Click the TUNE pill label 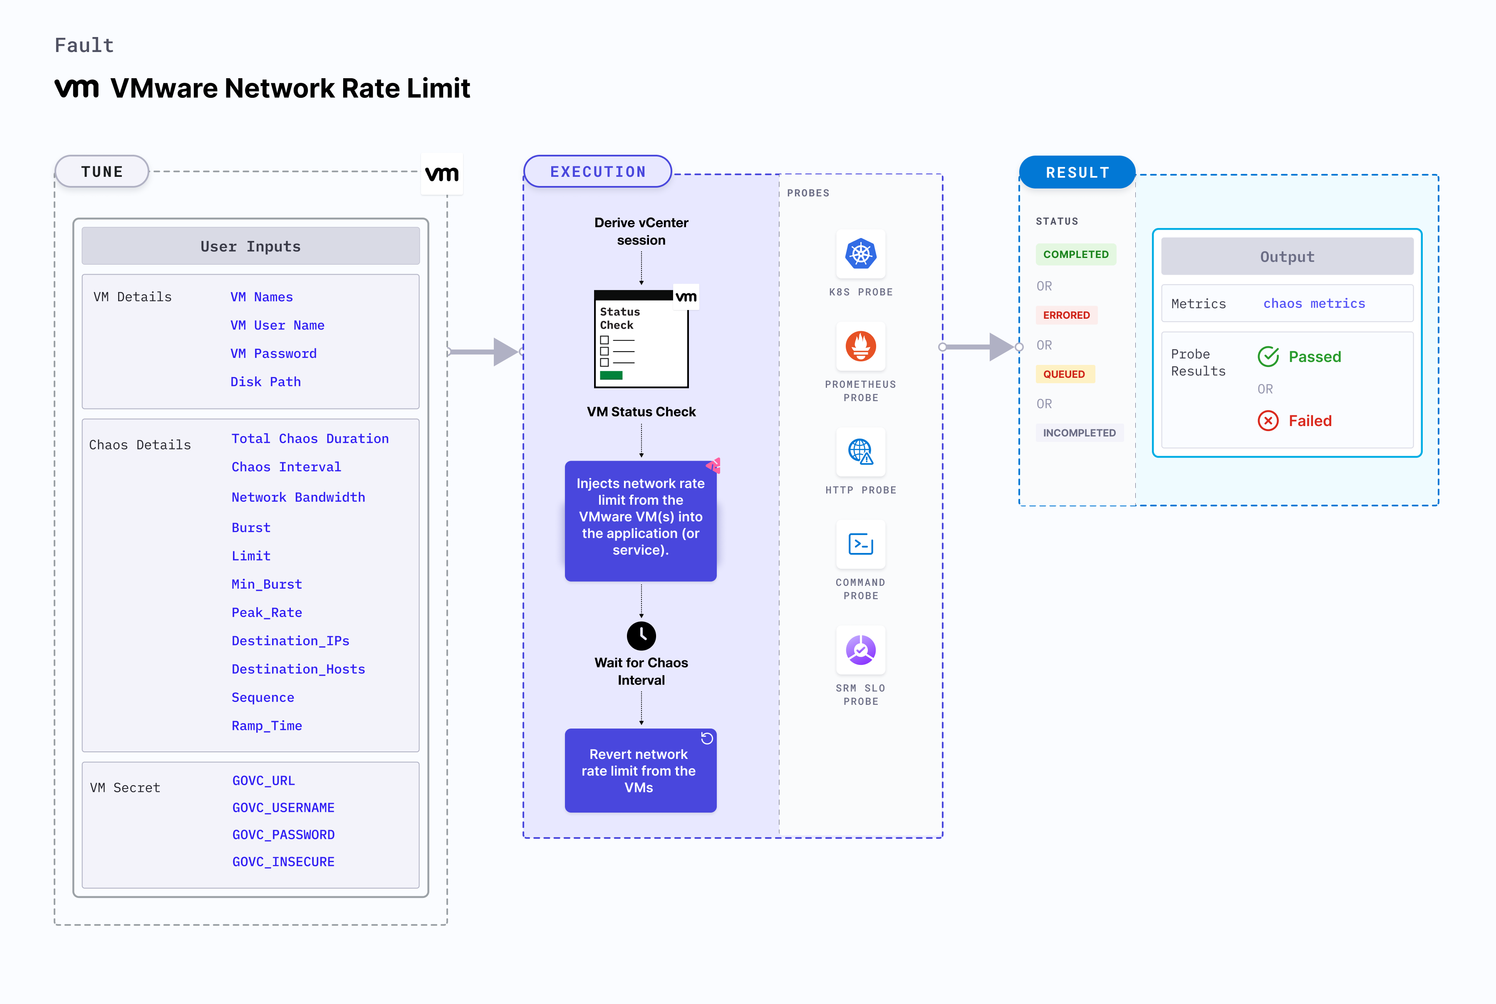pos(102,171)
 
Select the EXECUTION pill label pos(597,171)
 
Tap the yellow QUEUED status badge pos(1064,374)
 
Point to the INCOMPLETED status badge pos(1079,433)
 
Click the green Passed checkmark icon pos(1268,357)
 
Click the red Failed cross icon pos(1268,421)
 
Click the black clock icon pos(641,636)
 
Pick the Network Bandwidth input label pos(298,498)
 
